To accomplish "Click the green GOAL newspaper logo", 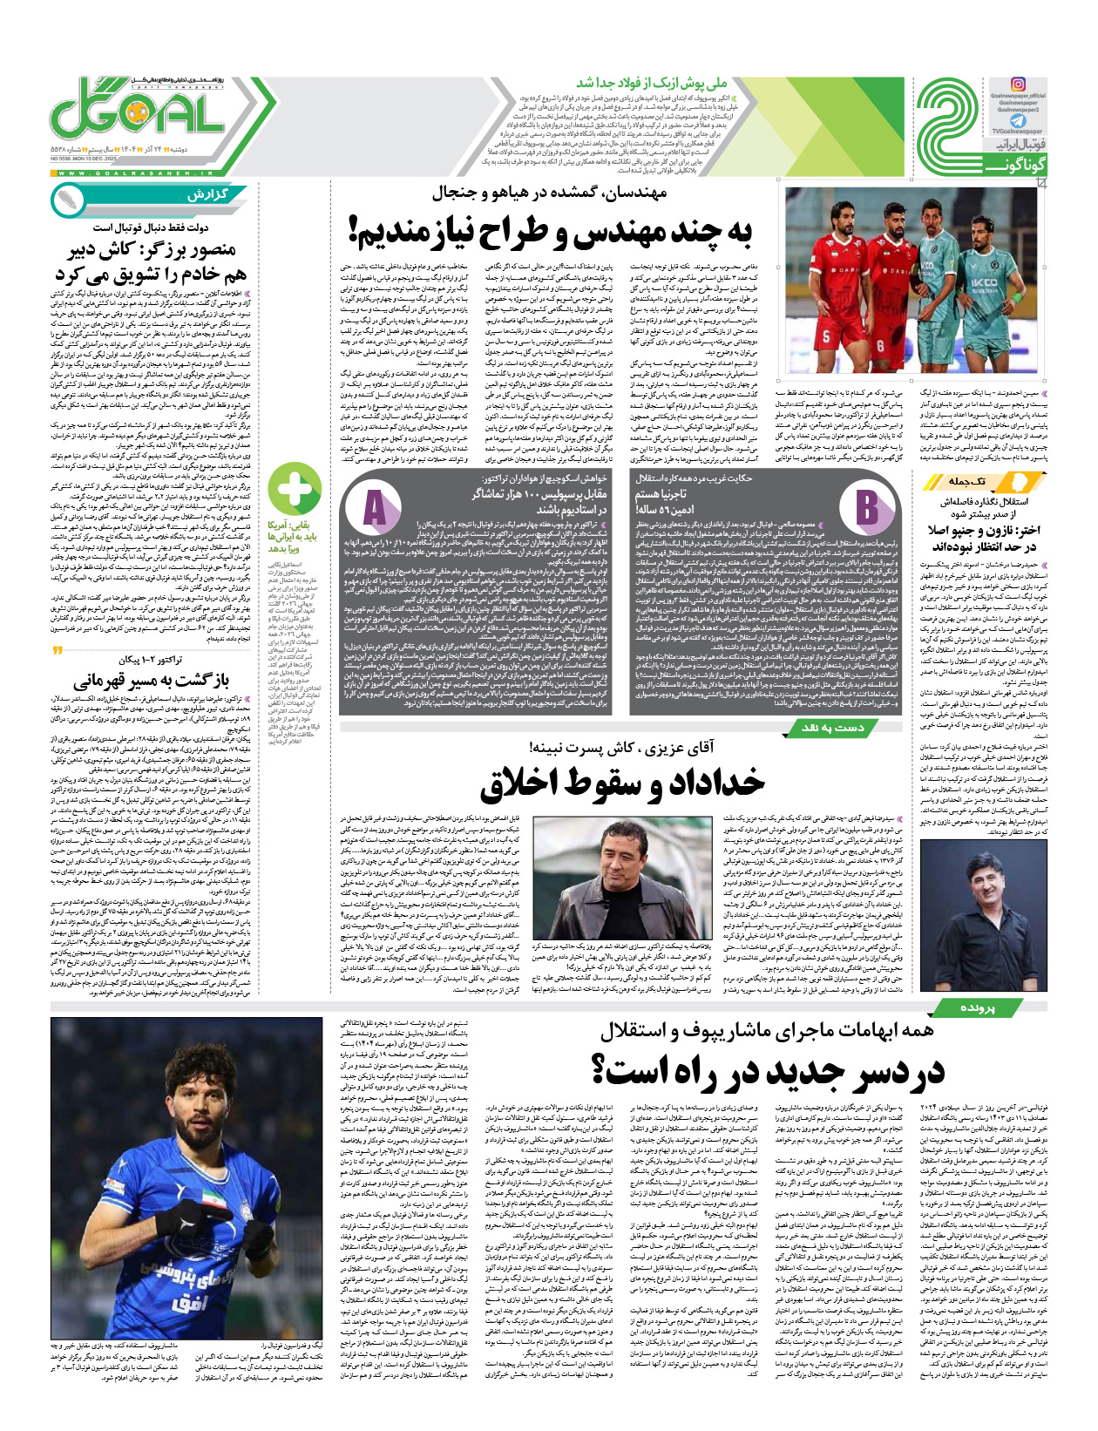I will [139, 112].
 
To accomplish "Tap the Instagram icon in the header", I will [1017, 85].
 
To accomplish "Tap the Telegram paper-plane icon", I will [1017, 122].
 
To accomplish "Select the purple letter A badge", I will [375, 508].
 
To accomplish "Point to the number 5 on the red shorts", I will [827, 337].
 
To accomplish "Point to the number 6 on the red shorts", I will [880, 346].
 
